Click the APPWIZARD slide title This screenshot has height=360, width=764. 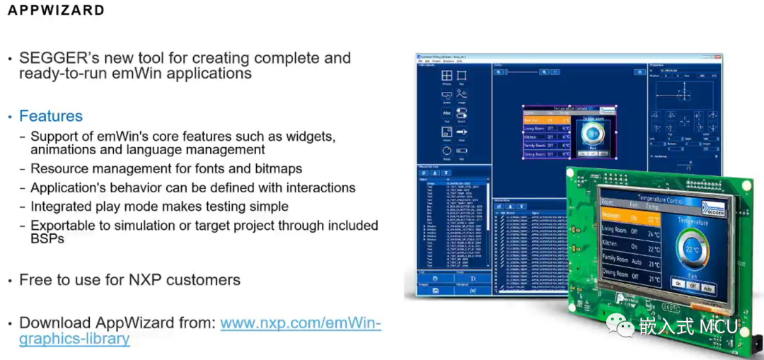56,11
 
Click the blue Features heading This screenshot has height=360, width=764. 51,117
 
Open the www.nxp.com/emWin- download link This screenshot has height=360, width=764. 301,323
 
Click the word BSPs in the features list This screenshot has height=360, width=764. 47,239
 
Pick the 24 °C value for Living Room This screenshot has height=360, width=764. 654,234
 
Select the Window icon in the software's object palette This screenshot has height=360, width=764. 446,77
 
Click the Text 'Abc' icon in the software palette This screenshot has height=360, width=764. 446,113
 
